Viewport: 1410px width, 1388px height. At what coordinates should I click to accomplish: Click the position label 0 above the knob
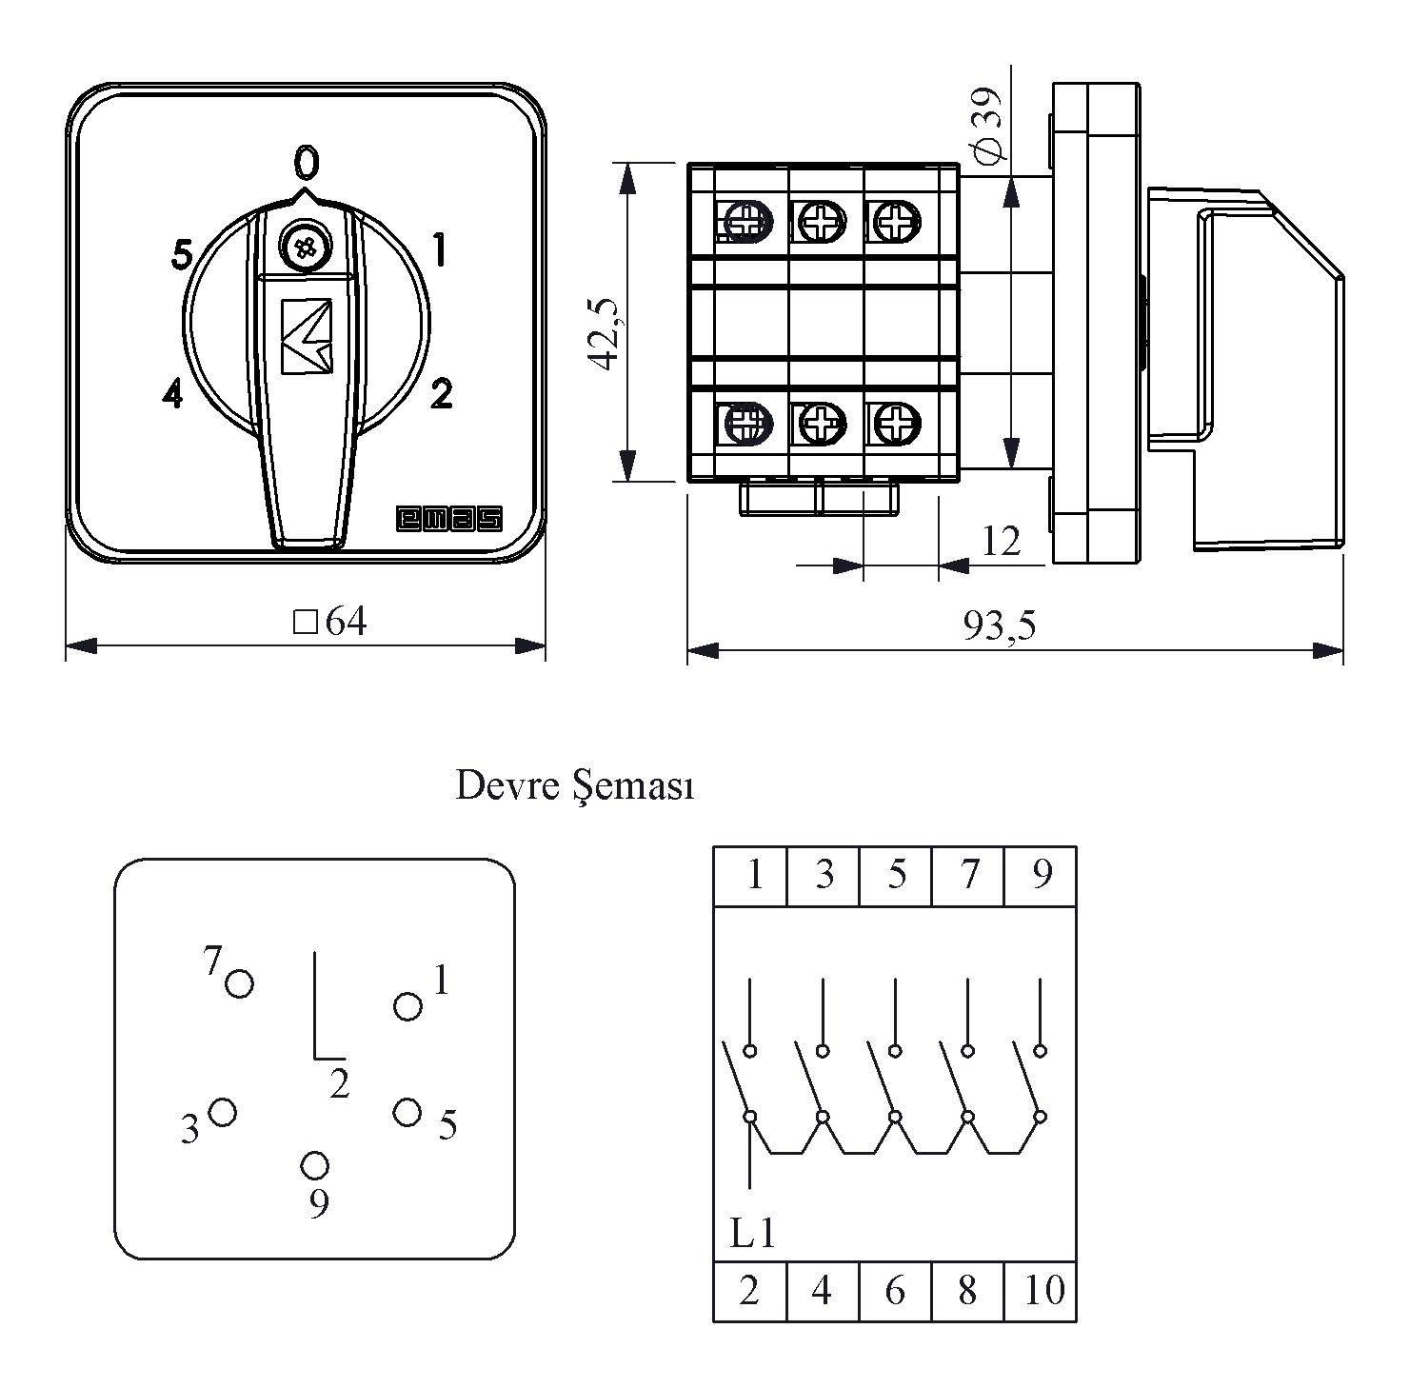305,163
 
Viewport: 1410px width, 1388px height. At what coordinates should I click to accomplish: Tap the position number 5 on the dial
182,254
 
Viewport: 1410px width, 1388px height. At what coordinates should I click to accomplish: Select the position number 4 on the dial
172,393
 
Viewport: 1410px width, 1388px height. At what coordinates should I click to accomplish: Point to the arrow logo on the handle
307,335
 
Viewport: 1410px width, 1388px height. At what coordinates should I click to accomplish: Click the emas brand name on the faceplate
448,518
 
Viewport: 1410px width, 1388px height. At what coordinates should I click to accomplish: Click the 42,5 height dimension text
604,331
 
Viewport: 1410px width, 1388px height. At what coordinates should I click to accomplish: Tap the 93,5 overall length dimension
999,625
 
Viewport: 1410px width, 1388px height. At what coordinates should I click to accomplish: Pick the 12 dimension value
1002,541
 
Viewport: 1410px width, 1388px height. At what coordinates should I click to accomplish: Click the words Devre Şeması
574,786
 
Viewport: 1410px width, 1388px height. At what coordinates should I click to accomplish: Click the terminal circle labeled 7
239,982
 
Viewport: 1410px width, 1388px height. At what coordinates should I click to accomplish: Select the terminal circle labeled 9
315,1165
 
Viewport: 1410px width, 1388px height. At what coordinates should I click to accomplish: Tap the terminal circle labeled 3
222,1112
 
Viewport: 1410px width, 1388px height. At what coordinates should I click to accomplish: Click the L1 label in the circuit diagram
752,1234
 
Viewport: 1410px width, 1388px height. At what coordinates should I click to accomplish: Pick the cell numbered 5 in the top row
896,875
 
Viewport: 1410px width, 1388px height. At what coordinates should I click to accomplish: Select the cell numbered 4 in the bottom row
823,1291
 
